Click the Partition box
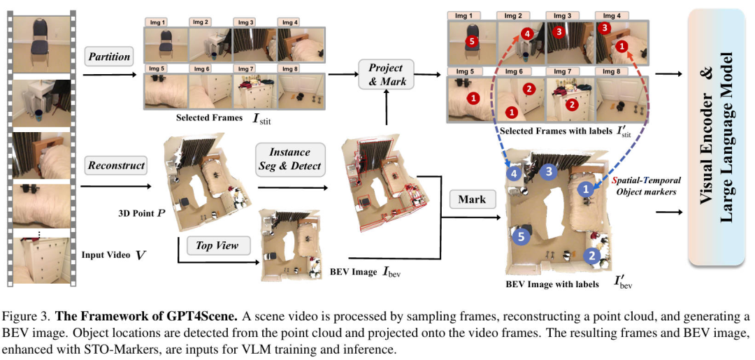110,57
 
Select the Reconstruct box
116,166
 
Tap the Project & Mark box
386,75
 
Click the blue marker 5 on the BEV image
520,237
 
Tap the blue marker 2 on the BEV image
592,257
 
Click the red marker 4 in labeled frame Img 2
526,33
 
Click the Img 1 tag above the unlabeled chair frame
157,22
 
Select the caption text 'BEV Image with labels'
552,285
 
